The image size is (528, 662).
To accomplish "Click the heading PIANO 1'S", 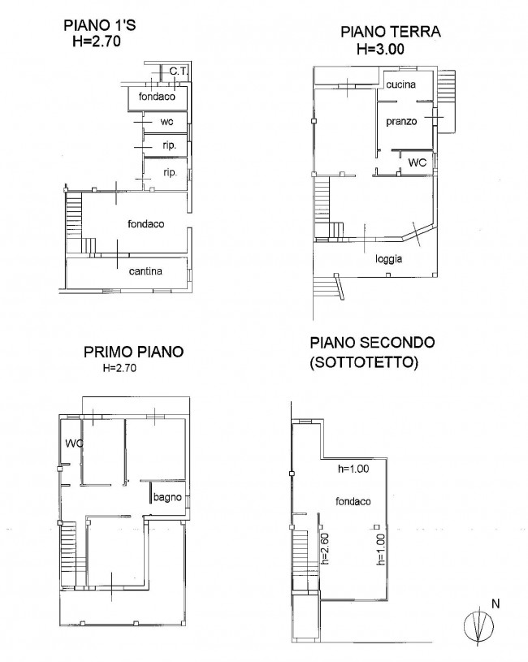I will (x=100, y=25).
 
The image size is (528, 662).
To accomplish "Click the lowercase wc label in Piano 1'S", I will (x=167, y=122).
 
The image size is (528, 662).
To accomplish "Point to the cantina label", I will (x=146, y=270).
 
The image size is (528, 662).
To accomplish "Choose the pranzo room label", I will (x=401, y=121).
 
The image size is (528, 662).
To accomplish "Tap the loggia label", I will (x=389, y=259).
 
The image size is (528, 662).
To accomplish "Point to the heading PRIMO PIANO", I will (x=133, y=353).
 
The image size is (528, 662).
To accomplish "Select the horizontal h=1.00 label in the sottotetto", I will (x=354, y=469).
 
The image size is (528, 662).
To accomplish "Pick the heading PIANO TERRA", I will (x=391, y=32).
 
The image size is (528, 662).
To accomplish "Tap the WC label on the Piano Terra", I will (x=418, y=162).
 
